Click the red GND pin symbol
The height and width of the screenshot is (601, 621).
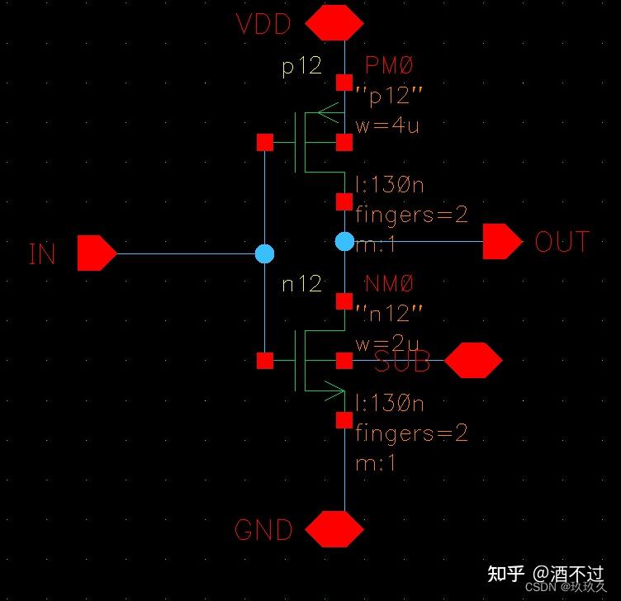coord(334,529)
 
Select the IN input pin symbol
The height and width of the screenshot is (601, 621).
coord(97,253)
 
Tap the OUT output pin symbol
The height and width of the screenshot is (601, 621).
coord(502,242)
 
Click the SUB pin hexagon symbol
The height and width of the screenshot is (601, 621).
coord(473,361)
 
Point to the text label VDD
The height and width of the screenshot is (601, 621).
coord(264,24)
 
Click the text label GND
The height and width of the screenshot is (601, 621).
coord(263,530)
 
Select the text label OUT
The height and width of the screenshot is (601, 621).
coord(562,242)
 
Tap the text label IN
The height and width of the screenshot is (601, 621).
coord(42,253)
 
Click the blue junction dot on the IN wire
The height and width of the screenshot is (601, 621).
coord(264,253)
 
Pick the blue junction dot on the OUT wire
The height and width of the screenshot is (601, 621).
coord(344,241)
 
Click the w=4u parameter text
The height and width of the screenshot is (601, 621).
coord(387,126)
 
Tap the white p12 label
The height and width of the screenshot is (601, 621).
coord(301,66)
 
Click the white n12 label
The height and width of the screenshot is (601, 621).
coord(301,284)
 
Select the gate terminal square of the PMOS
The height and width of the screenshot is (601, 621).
coord(264,143)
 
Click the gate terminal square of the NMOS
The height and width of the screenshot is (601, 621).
coord(264,361)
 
